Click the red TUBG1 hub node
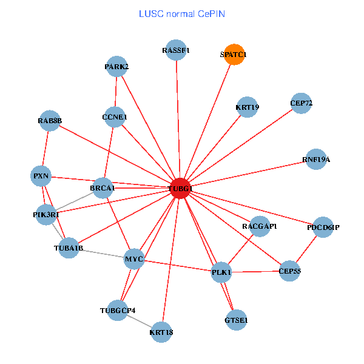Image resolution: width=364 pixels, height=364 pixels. tap(180, 189)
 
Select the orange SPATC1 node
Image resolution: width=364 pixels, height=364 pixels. tap(234, 55)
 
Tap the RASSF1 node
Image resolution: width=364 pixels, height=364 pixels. tap(176, 50)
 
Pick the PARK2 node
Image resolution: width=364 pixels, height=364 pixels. tap(116, 66)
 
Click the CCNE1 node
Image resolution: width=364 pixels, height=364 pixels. tap(115, 116)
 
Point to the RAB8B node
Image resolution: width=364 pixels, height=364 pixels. tap(50, 121)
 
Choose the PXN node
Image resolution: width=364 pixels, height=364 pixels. tap(41, 177)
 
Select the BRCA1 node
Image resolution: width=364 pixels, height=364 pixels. tap(103, 189)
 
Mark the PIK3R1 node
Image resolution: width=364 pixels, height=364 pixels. tap(46, 215)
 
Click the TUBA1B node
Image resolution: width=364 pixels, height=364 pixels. tap(69, 248)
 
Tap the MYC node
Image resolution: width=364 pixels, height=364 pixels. tap(133, 259)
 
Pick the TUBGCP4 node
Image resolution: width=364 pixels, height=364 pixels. tap(118, 311)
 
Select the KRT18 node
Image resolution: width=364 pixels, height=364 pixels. tap(161, 332)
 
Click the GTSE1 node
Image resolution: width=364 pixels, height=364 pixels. tap(236, 319)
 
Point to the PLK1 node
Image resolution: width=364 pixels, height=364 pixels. tap(221, 272)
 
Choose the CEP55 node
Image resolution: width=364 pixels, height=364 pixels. tap(290, 271)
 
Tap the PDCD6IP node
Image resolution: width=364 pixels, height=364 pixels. tap(323, 227)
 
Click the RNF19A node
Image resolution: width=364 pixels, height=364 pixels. tap(316, 160)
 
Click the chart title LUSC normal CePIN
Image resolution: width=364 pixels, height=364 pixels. tap(181, 13)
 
